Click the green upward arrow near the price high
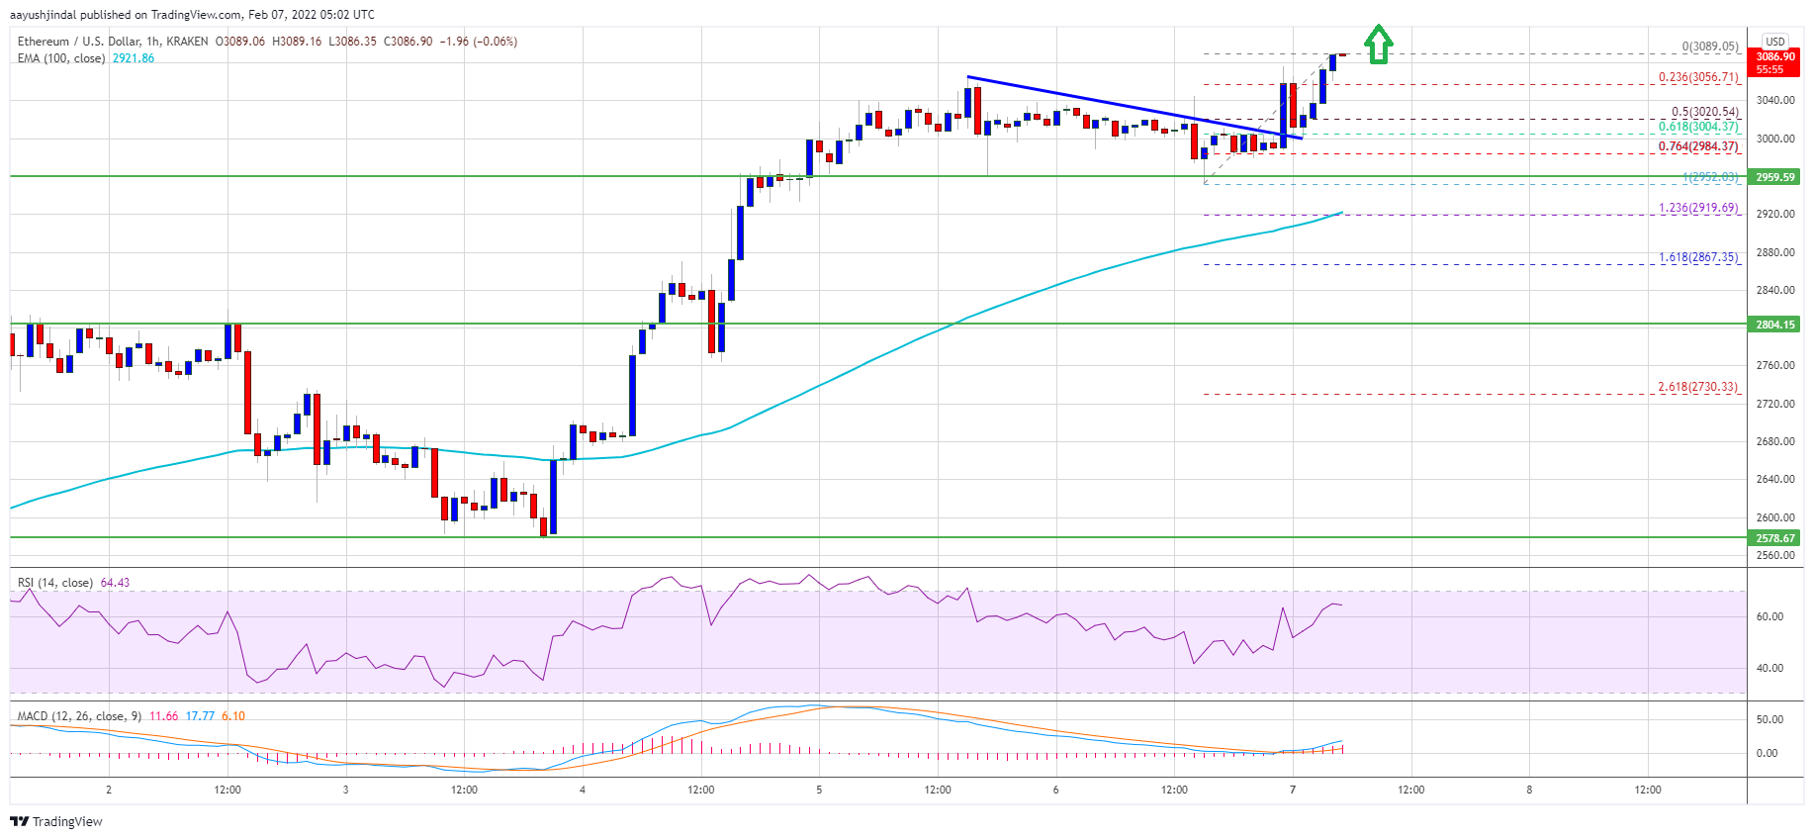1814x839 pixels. (1378, 45)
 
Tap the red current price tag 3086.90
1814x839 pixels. (1775, 62)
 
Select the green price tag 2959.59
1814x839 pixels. (1775, 177)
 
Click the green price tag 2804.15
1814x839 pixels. (1775, 325)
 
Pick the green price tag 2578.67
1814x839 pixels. (1775, 538)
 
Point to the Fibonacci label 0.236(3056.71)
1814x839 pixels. (1698, 77)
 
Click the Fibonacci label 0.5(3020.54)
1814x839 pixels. (1704, 112)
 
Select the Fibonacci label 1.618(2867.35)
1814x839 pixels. (1698, 257)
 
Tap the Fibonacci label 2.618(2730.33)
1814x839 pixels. (1697, 387)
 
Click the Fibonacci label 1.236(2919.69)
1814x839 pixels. (1698, 208)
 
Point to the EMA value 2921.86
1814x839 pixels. (133, 58)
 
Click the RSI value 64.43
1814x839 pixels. (115, 583)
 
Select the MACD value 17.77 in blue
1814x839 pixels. (200, 716)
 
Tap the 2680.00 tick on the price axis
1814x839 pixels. (1775, 441)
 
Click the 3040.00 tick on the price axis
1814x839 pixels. (1775, 100)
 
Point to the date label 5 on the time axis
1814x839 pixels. (819, 790)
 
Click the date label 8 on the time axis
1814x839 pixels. (1529, 790)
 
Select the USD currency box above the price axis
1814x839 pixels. (1775, 42)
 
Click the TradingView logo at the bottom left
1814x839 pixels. (56, 821)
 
